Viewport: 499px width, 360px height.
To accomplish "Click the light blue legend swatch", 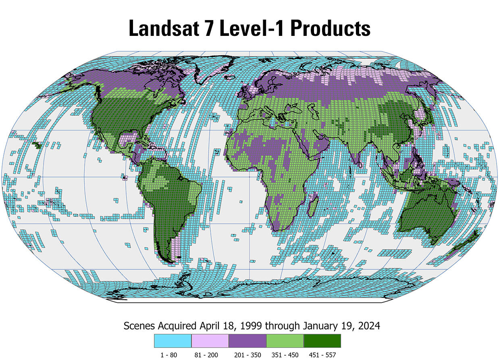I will [173, 341].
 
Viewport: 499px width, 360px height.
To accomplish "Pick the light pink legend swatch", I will [210, 341].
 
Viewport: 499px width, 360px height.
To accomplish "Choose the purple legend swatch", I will [247, 341].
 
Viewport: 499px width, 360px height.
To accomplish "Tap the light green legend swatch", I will [285, 341].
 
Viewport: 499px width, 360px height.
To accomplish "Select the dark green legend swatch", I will [322, 341].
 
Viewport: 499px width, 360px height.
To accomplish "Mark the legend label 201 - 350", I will [247, 355].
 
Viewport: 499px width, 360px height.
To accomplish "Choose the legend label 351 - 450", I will [285, 355].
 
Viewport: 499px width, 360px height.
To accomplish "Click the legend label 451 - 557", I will [322, 355].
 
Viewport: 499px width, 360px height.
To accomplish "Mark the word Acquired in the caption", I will [176, 326].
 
